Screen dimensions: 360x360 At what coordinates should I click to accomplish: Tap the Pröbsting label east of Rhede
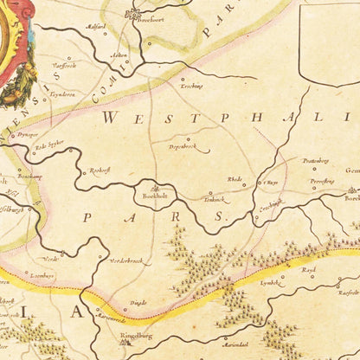point(316,160)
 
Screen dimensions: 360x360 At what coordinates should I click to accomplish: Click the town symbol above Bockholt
point(154,186)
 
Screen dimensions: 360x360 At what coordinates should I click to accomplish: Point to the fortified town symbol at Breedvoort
point(134,12)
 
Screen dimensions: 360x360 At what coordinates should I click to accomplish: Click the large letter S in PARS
point(220,215)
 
